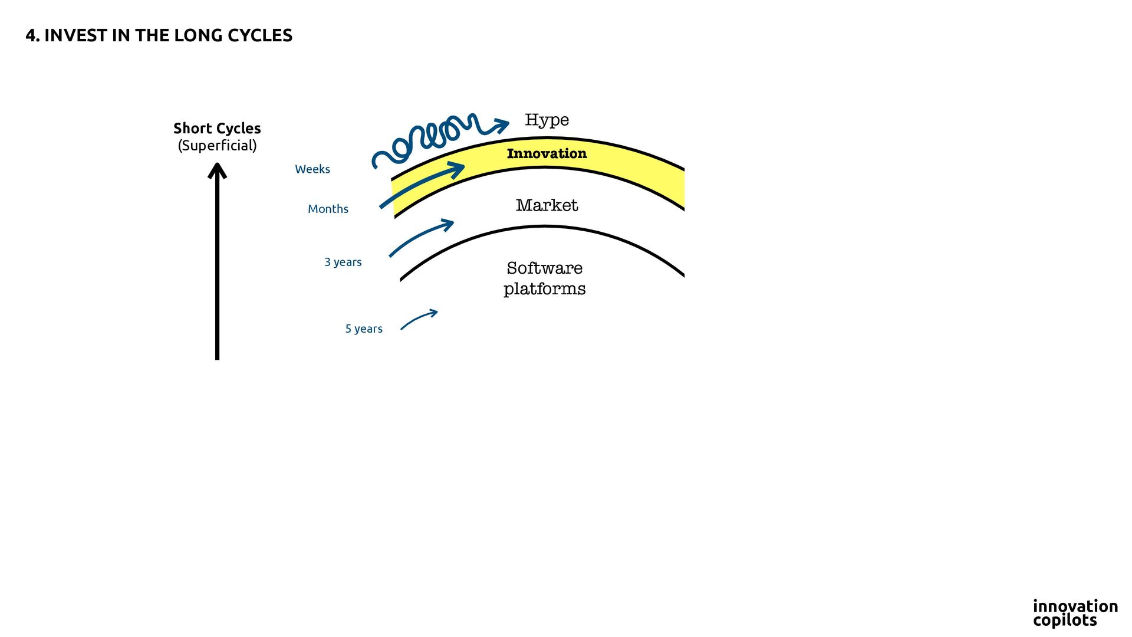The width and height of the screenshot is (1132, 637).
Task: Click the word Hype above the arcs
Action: tap(547, 120)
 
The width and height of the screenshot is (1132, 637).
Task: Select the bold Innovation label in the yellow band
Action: tap(547, 154)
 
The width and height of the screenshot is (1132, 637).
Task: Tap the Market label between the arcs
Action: tap(547, 205)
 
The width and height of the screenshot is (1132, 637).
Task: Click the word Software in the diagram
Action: tap(544, 268)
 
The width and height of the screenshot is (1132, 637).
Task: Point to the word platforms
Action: tap(544, 289)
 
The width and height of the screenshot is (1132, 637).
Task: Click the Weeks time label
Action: tap(312, 169)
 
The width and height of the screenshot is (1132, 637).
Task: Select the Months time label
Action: tap(328, 209)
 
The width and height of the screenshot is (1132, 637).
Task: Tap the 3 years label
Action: tap(343, 262)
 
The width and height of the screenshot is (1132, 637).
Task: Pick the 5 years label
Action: tap(364, 329)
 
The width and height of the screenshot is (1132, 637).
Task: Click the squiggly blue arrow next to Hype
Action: tap(436, 137)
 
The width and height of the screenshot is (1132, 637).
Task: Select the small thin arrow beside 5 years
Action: tap(419, 319)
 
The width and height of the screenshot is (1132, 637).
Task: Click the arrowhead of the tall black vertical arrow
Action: tap(217, 170)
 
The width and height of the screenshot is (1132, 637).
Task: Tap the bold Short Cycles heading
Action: tap(217, 129)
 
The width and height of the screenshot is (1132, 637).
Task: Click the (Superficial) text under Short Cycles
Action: tap(217, 146)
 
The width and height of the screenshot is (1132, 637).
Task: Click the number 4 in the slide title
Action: tap(31, 36)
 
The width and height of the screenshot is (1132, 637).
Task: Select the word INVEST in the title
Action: tap(76, 36)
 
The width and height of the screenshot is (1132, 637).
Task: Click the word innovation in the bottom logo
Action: tap(1075, 606)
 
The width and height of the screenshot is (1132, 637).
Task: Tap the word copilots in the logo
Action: tap(1065, 620)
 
